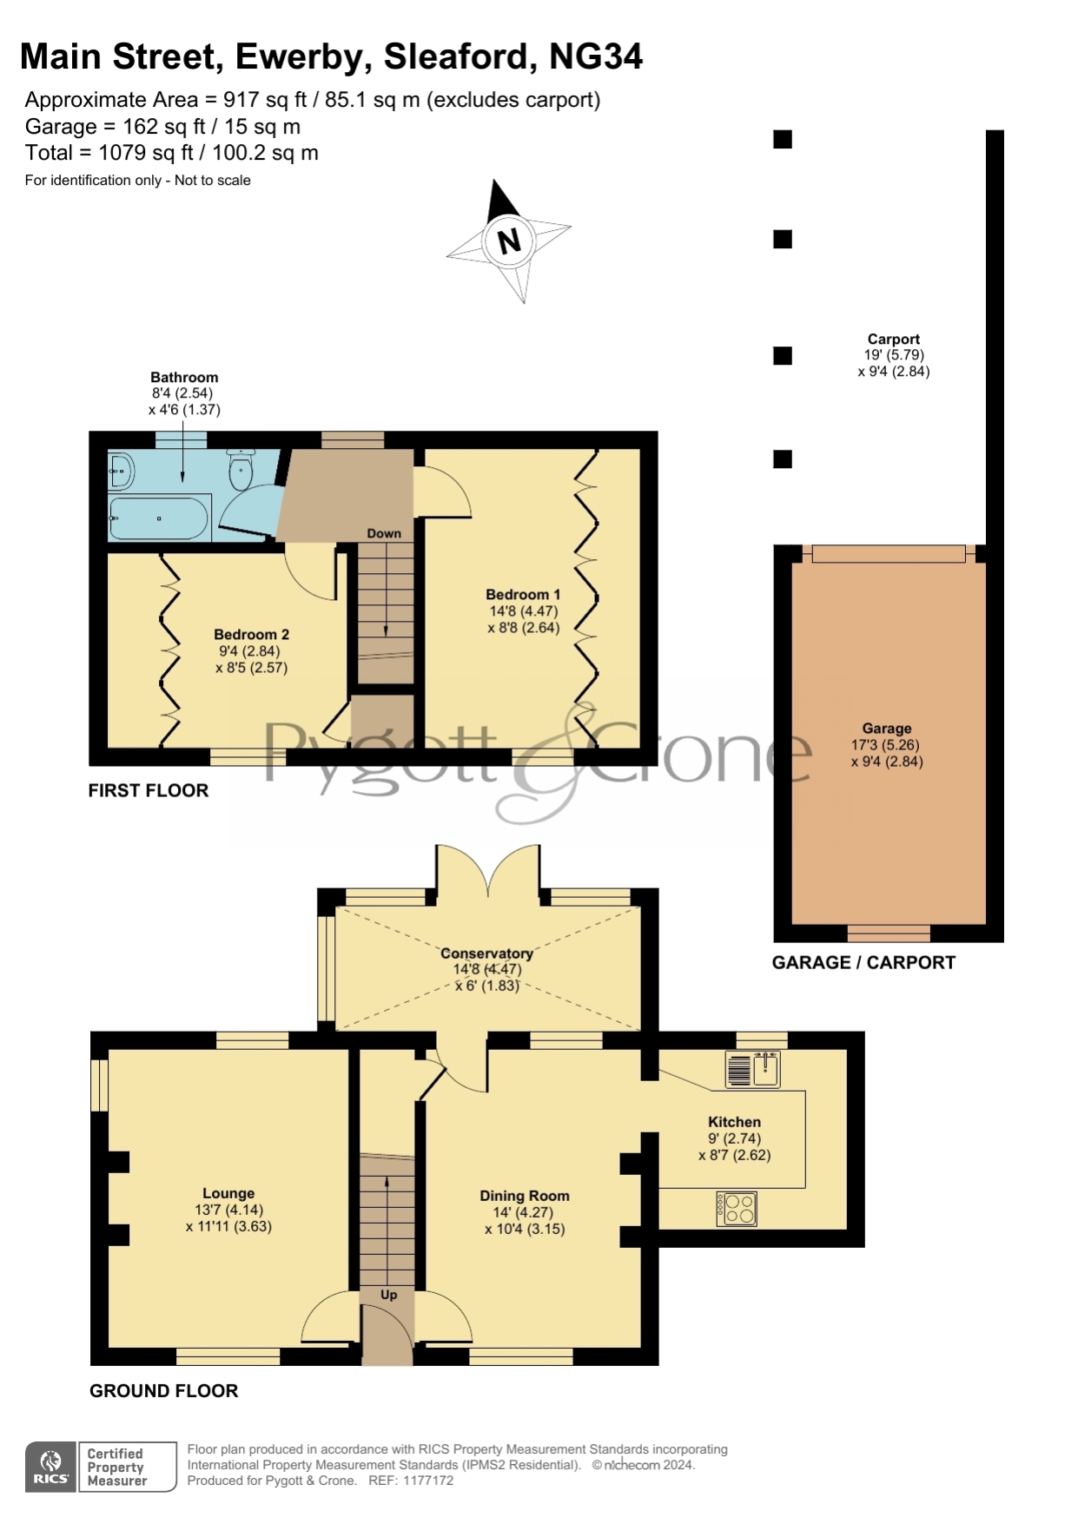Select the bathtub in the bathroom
(x=159, y=518)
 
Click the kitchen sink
(x=752, y=1069)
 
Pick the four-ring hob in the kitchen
(x=737, y=1209)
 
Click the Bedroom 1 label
(x=523, y=595)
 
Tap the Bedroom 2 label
(x=252, y=635)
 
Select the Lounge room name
(x=228, y=1194)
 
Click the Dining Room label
(x=525, y=1197)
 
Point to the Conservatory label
(x=486, y=953)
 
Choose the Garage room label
(x=887, y=729)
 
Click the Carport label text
(x=894, y=340)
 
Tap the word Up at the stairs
(x=388, y=1295)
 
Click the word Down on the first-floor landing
(x=384, y=533)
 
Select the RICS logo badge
(x=51, y=1467)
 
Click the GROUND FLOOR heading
(x=164, y=1391)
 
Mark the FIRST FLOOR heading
(x=149, y=790)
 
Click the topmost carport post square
(x=783, y=139)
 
